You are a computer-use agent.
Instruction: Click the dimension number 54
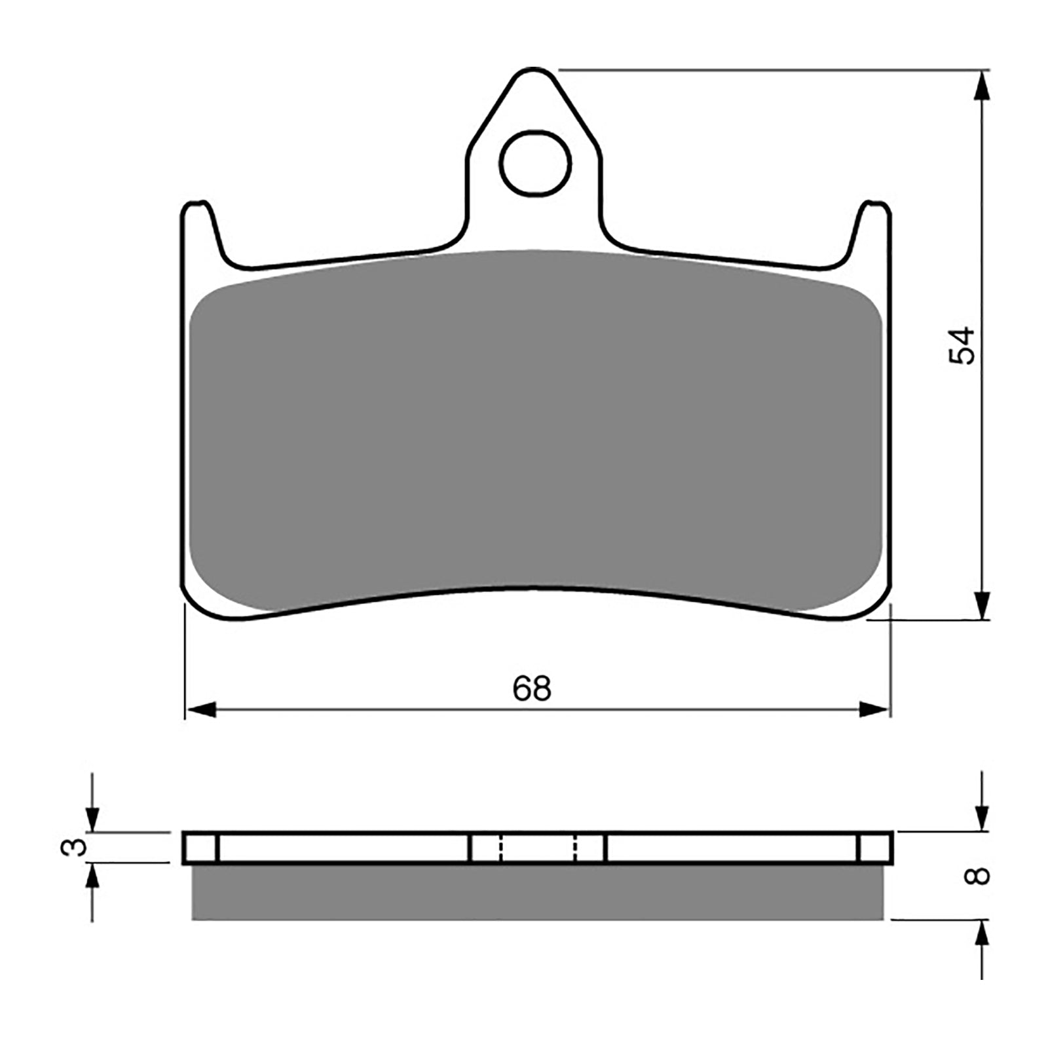pos(964,345)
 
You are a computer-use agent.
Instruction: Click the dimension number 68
pos(532,688)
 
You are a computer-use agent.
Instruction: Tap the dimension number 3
pos(74,847)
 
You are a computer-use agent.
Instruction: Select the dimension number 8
pos(980,876)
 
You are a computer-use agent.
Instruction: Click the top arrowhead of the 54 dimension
pos(981,86)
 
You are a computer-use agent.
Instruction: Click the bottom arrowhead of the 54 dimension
pos(981,603)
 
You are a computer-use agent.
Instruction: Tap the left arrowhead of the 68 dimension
pos(201,709)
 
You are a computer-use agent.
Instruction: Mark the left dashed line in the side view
pos(500,848)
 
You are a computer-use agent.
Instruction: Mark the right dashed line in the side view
pos(575,848)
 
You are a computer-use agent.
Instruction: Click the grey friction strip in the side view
pos(537,892)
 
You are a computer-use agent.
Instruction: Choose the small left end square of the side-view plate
pos(200,848)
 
